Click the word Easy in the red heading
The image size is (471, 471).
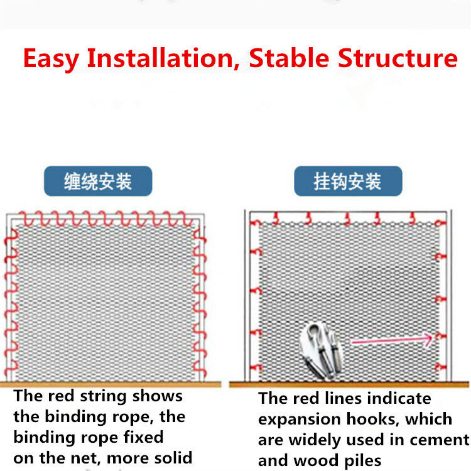(x=51, y=59)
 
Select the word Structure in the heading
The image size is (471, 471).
(x=398, y=58)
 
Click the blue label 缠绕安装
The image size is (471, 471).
(x=98, y=181)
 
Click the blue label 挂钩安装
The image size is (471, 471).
(x=348, y=181)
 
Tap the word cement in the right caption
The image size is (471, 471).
(x=440, y=440)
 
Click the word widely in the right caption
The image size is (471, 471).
(x=315, y=440)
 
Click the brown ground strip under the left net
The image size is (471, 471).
(x=111, y=384)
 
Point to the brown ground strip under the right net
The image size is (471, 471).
(x=349, y=384)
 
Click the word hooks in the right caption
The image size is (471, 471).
(x=374, y=420)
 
